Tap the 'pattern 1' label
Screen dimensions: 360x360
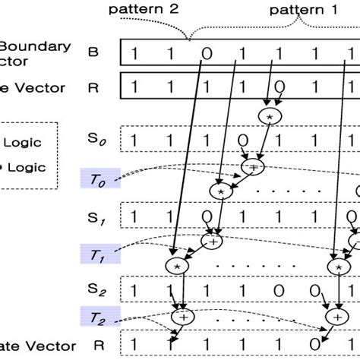(298, 10)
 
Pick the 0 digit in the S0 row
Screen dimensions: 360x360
(242, 141)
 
